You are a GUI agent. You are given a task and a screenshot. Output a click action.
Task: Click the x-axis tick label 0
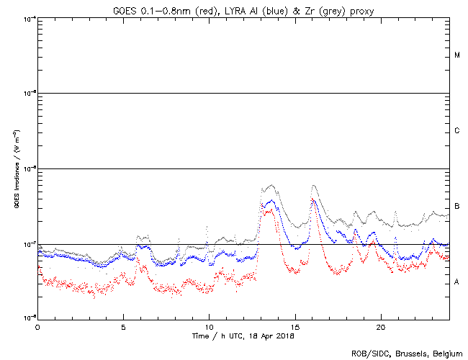point(37,326)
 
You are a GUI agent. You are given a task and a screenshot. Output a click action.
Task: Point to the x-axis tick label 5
point(123,326)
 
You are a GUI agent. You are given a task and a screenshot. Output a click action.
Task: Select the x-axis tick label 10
point(209,326)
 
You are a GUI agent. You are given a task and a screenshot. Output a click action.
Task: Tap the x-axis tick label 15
point(294,326)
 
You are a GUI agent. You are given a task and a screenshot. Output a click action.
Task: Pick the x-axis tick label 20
point(380,326)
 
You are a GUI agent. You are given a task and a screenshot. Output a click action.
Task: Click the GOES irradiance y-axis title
point(16,168)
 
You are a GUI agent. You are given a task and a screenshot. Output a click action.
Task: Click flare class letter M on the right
point(457,55)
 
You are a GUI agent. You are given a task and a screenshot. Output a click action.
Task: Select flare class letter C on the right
point(457,131)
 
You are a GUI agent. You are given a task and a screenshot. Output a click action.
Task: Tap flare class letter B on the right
point(457,207)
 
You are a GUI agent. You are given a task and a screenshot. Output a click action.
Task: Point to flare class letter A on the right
point(457,282)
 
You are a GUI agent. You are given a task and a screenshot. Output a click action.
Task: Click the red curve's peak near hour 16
point(312,199)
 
